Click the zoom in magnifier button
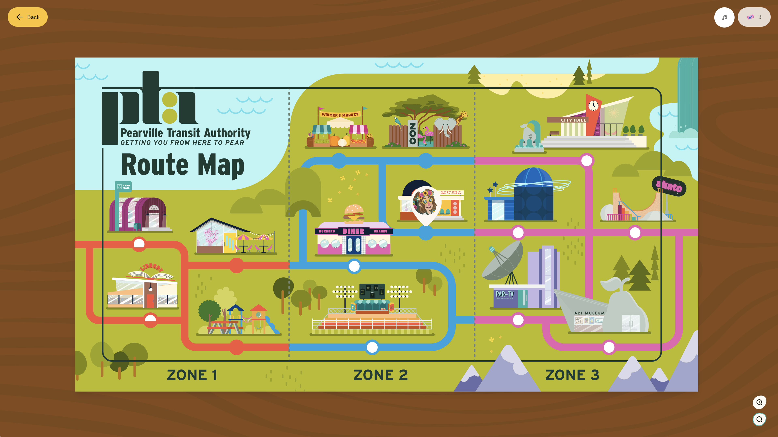coord(759,402)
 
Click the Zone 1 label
coord(192,375)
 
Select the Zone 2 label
coord(380,375)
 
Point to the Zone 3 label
coord(572,375)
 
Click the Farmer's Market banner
coord(340,115)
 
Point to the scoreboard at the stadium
coord(372,291)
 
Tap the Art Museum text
coord(589,313)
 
